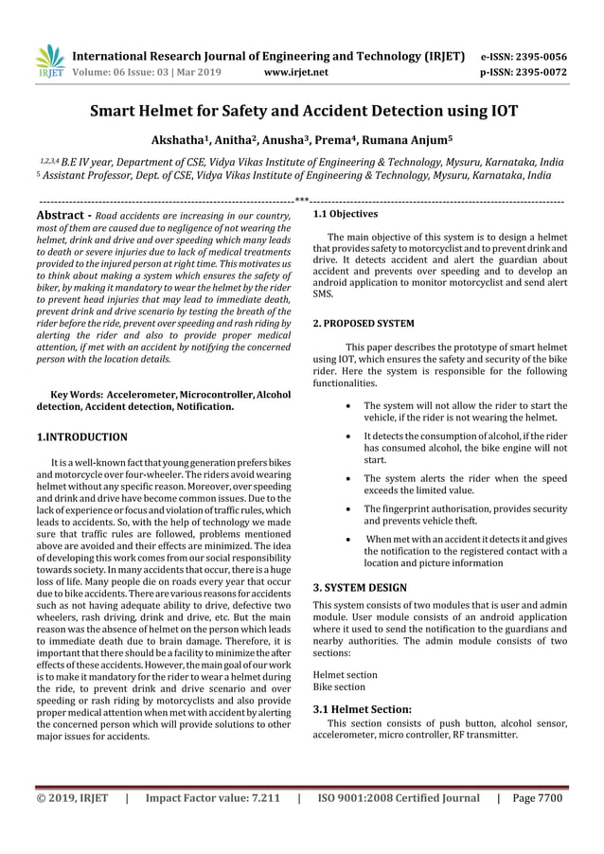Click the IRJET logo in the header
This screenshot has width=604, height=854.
[48, 62]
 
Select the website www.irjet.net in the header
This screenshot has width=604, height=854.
[297, 71]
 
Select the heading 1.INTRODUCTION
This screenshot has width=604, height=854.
[81, 437]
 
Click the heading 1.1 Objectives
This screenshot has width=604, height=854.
[346, 215]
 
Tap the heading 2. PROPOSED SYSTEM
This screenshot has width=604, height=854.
[363, 324]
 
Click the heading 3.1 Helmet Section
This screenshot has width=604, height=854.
[362, 708]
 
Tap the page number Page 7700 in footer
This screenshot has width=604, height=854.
[537, 798]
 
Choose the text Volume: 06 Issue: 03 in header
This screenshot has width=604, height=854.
[129, 71]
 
